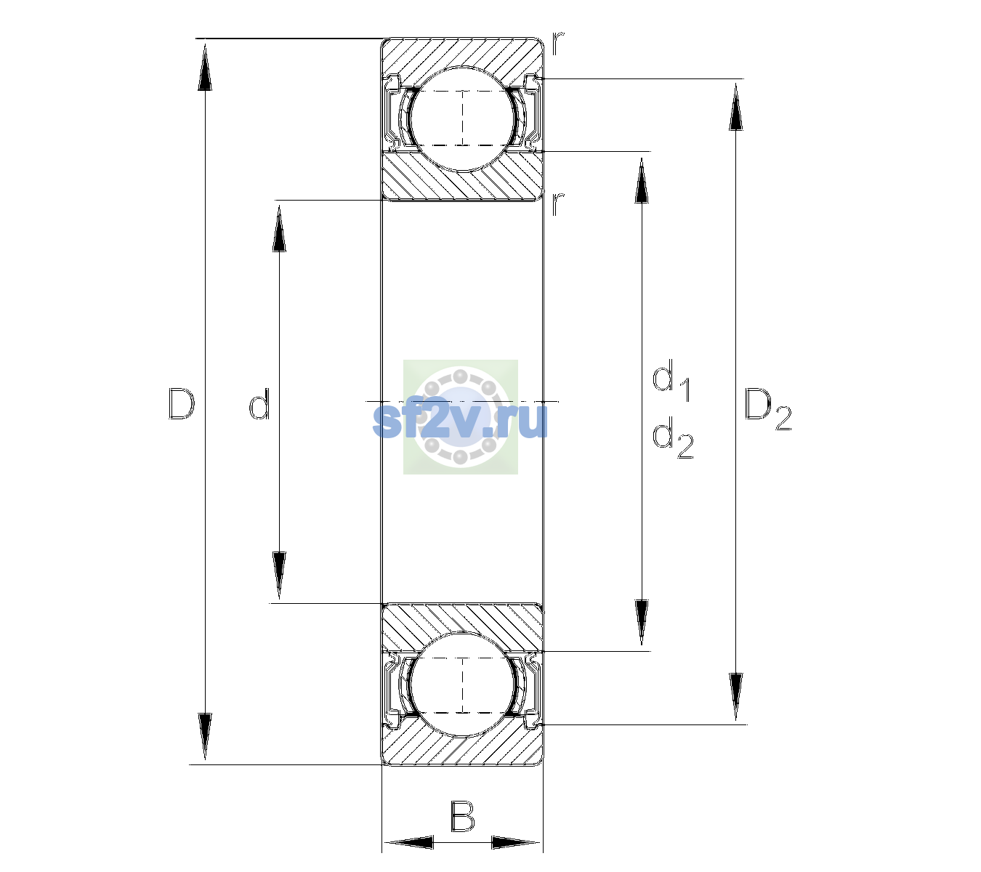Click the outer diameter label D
pos(182,403)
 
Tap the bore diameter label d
pos(259,403)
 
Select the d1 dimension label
pos(671,380)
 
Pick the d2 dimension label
pos(673,437)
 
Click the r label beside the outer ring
pos(558,44)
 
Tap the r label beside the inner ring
pos(558,203)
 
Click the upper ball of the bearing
pos(462,118)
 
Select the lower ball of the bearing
pos(462,685)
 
